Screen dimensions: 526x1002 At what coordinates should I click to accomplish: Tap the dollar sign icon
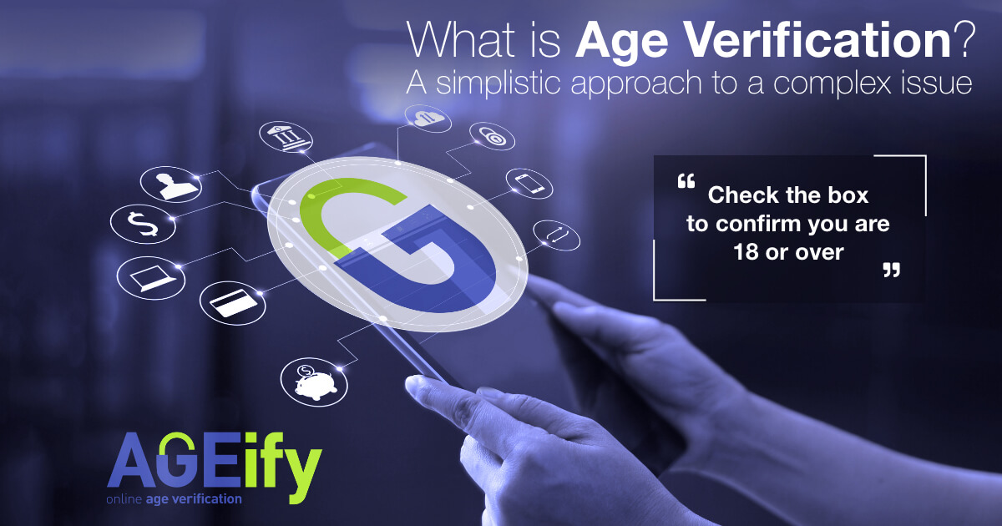click(137, 223)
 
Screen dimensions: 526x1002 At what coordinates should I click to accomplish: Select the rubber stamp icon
click(170, 181)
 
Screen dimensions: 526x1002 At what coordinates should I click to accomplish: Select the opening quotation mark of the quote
click(686, 180)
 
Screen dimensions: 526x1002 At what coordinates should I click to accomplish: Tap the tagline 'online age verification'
click(174, 498)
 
